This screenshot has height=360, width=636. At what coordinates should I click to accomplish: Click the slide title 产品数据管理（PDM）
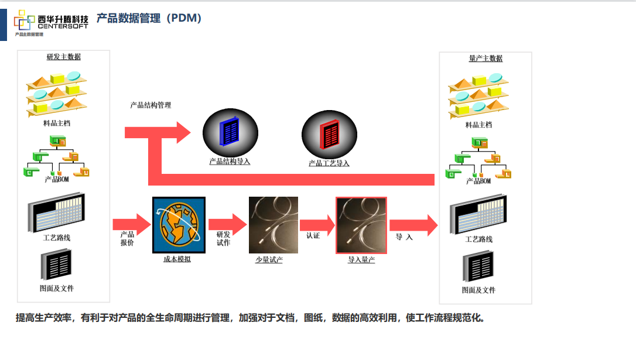click(149, 19)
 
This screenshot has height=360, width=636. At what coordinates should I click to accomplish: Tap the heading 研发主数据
click(64, 57)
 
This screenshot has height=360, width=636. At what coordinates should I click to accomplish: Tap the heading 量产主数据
click(485, 59)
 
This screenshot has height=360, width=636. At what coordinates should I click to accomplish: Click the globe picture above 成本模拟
click(179, 225)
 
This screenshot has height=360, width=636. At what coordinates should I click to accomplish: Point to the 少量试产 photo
click(273, 225)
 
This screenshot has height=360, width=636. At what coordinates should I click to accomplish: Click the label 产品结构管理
click(151, 105)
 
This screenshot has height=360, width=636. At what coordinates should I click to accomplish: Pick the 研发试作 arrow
click(227, 224)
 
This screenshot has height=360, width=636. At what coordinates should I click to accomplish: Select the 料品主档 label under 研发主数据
click(57, 124)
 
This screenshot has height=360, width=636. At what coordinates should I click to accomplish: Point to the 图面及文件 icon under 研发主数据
click(57, 265)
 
